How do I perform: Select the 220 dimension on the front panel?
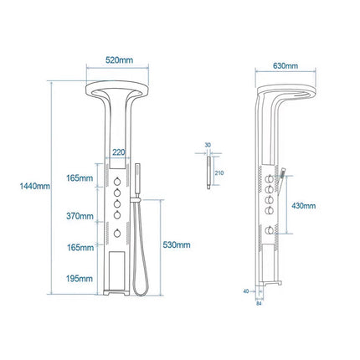119,153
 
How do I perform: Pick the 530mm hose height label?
177,244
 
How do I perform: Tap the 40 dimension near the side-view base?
246,291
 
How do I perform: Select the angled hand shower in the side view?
285,175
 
